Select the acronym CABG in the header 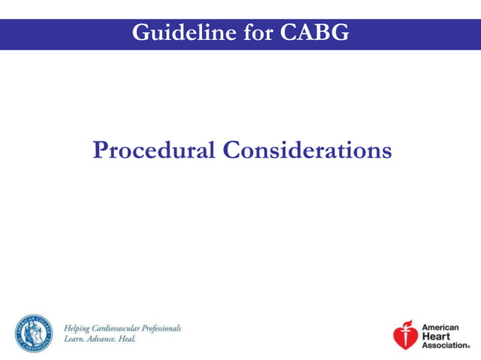pos(314,32)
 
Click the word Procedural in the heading pos(154,150)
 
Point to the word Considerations pos(307,150)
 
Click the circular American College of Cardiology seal pos(34,333)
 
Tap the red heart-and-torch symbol pos(405,335)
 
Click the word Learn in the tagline pos(74,339)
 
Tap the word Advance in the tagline pos(103,339)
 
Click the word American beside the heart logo pos(440,328)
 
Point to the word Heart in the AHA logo pos(433,336)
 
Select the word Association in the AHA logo pos(445,345)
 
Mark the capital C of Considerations pos(231,150)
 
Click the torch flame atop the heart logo pos(408,324)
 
